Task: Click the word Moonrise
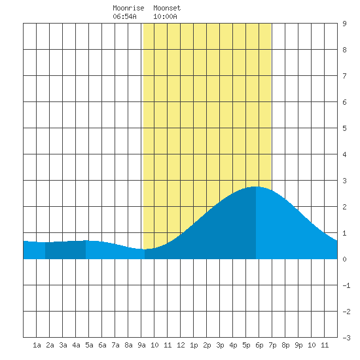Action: click(x=128, y=8)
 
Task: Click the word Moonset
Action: click(x=167, y=8)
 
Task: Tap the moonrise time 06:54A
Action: click(x=124, y=16)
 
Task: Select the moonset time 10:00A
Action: click(x=165, y=16)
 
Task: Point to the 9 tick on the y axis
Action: click(x=344, y=24)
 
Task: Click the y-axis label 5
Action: click(x=344, y=128)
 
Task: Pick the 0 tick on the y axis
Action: click(x=344, y=259)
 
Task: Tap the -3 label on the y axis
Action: click(x=346, y=338)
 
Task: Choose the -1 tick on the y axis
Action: click(x=346, y=285)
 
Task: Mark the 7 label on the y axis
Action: click(x=344, y=76)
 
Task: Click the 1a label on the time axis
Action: click(x=37, y=345)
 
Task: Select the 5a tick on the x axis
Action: click(x=89, y=345)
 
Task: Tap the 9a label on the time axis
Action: click(x=141, y=345)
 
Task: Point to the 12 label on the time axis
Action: click(x=181, y=345)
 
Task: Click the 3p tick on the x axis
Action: click(x=220, y=345)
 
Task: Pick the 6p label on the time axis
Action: click(x=259, y=345)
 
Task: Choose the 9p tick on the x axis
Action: click(x=298, y=345)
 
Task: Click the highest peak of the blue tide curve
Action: click(x=256, y=187)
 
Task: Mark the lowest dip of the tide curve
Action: click(x=144, y=249)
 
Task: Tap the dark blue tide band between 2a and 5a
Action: click(x=65, y=250)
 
